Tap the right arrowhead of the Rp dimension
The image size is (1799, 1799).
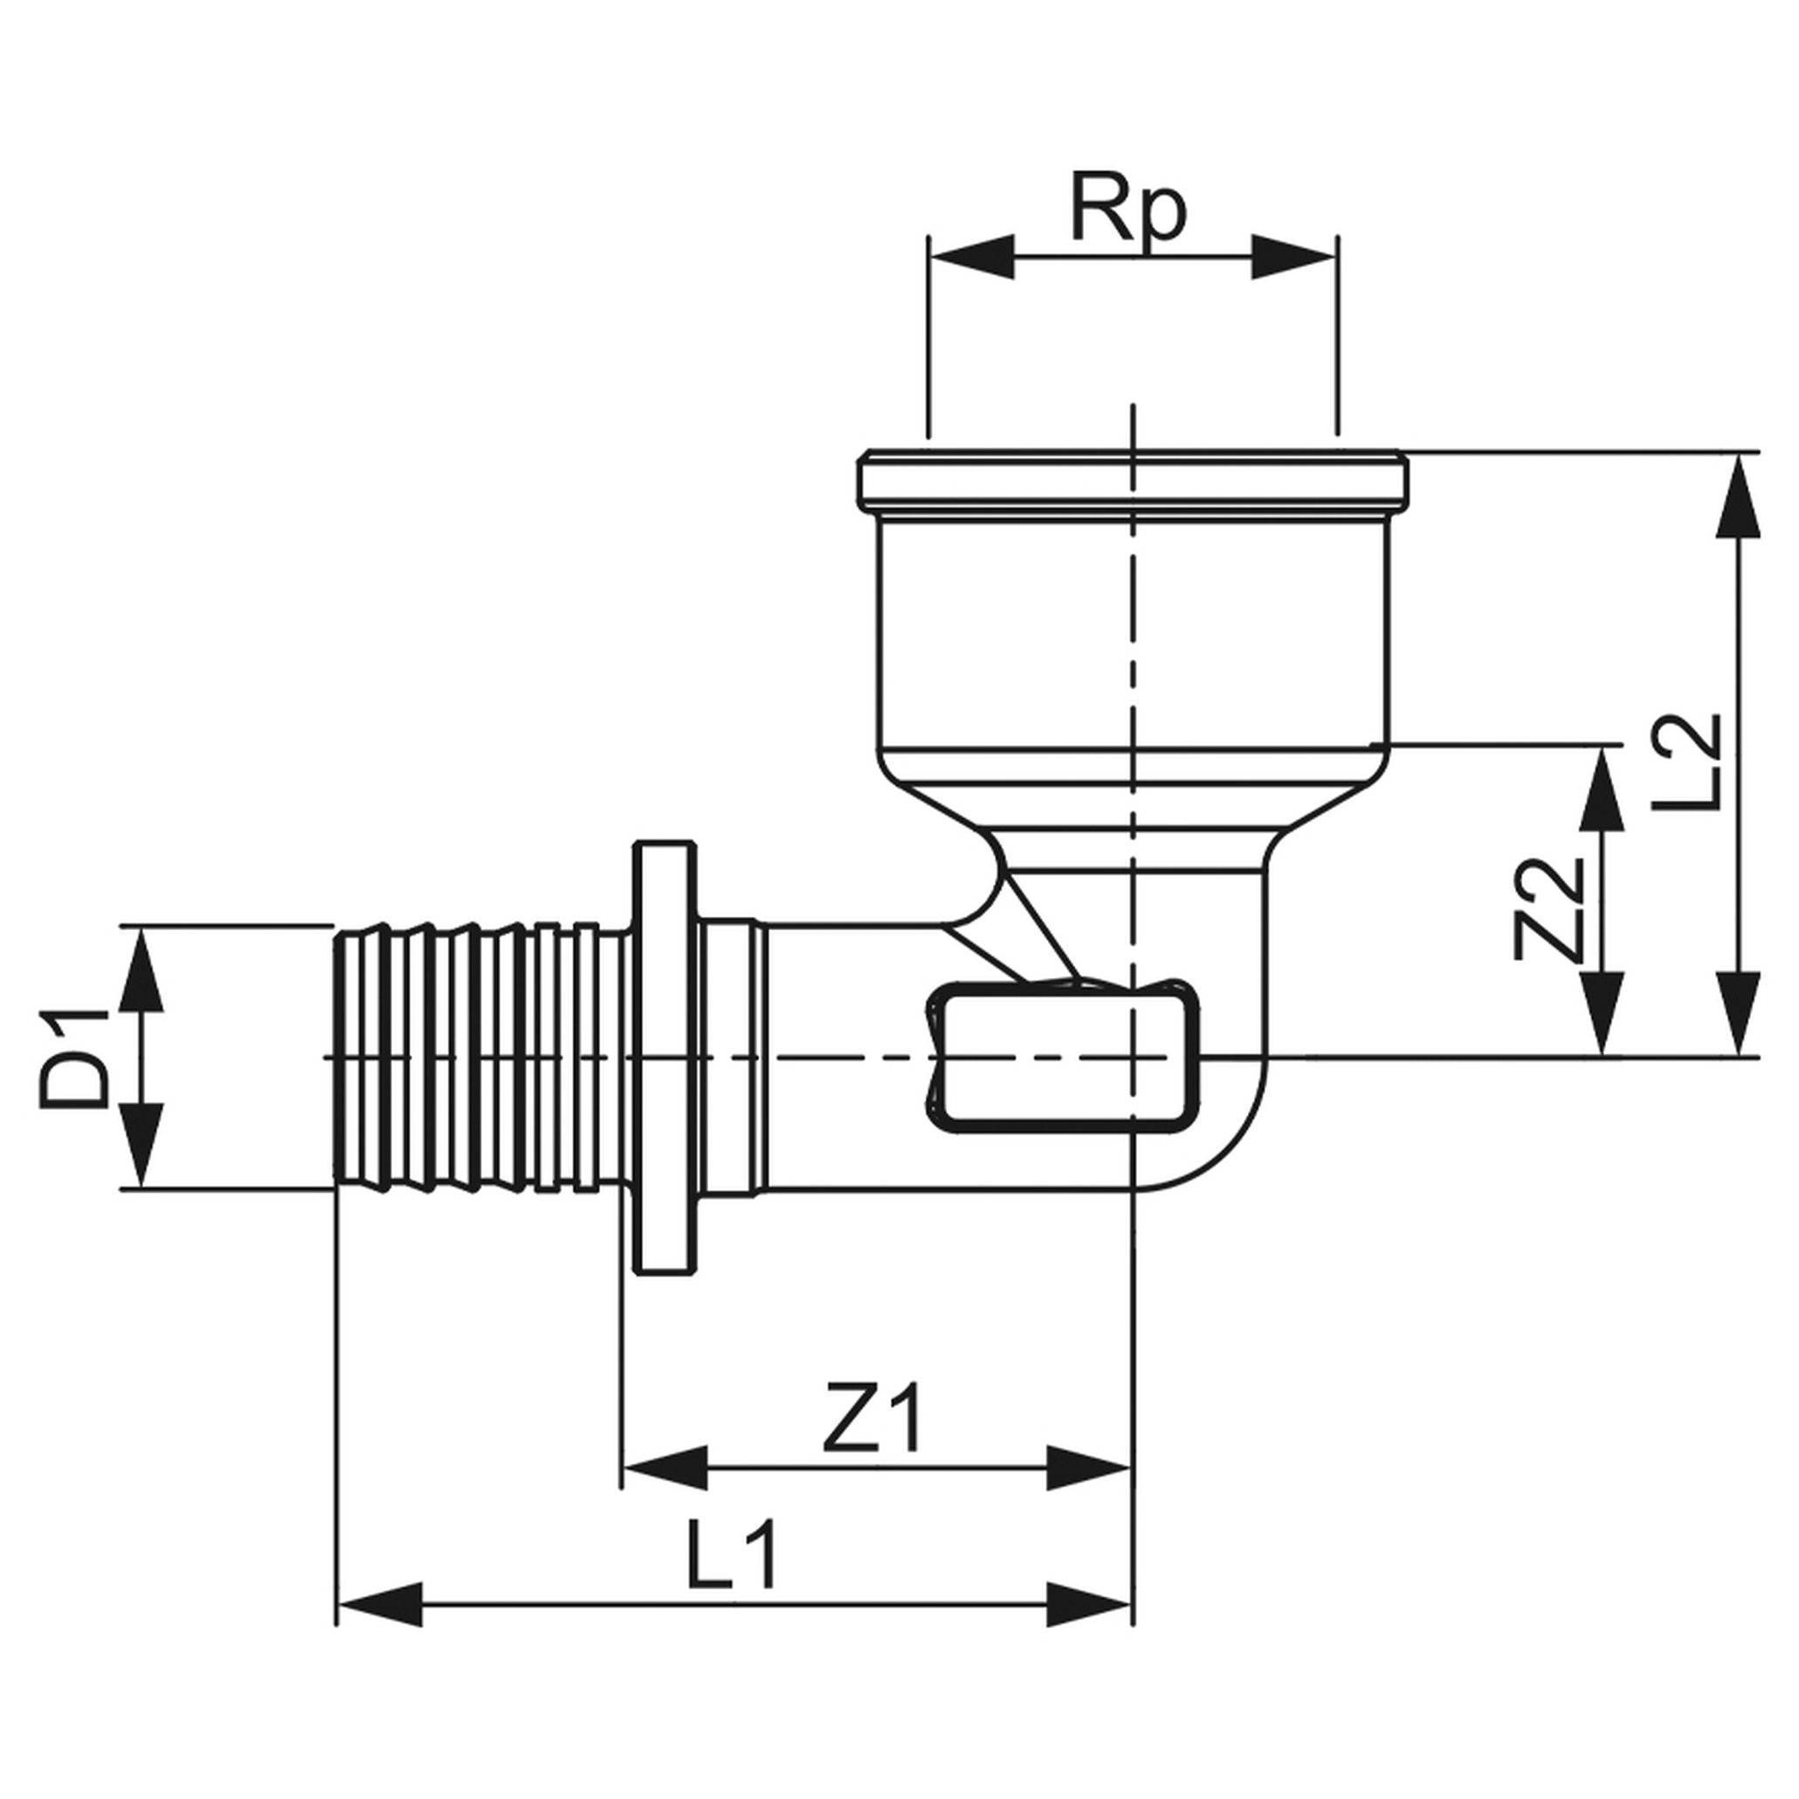[1294, 256]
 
